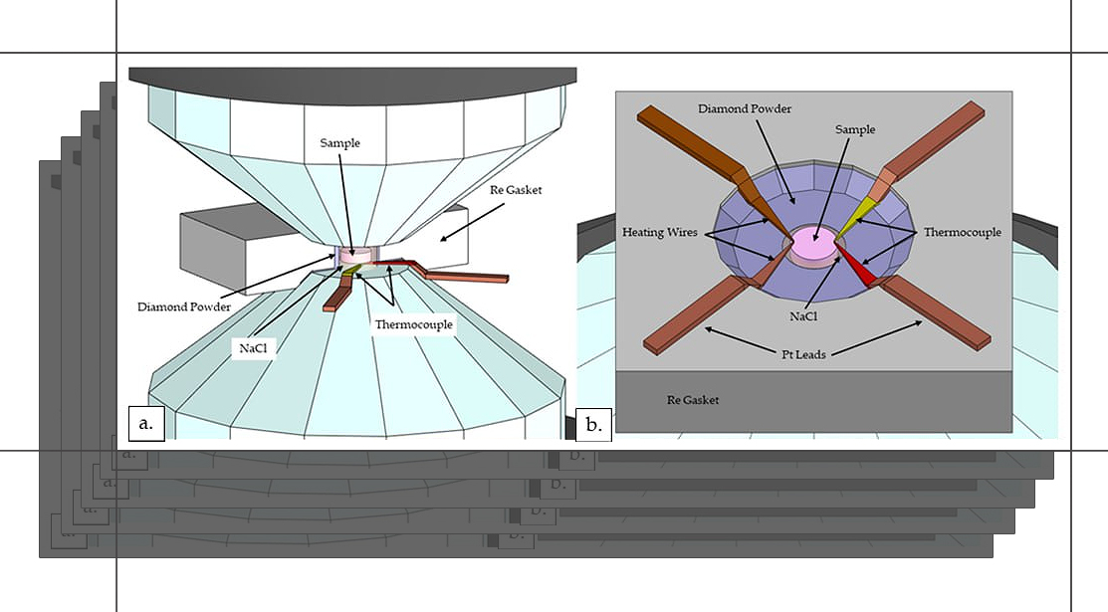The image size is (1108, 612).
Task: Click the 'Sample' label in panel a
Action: (x=340, y=143)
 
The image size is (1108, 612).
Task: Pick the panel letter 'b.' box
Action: (x=594, y=425)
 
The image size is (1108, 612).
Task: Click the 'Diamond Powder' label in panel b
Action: (x=745, y=108)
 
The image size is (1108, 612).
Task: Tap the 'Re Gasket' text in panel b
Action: (x=693, y=400)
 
